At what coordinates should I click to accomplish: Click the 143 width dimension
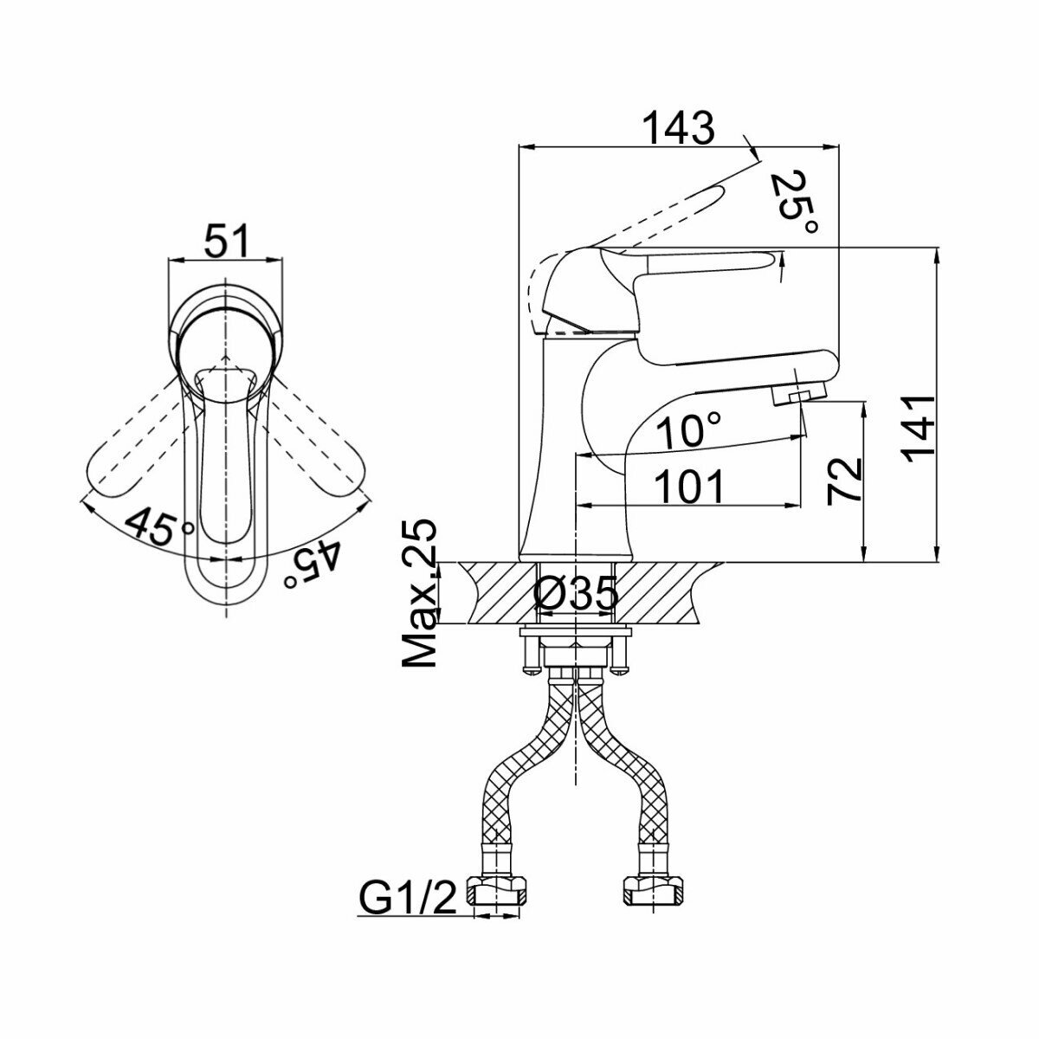pyautogui.click(x=679, y=128)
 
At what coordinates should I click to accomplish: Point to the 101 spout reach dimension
pyautogui.click(x=689, y=487)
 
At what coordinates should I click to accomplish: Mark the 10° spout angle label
pyautogui.click(x=688, y=430)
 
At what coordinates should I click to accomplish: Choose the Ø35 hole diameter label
pyautogui.click(x=577, y=594)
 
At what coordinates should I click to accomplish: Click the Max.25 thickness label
pyautogui.click(x=421, y=594)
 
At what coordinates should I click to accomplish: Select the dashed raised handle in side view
pyautogui.click(x=667, y=210)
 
